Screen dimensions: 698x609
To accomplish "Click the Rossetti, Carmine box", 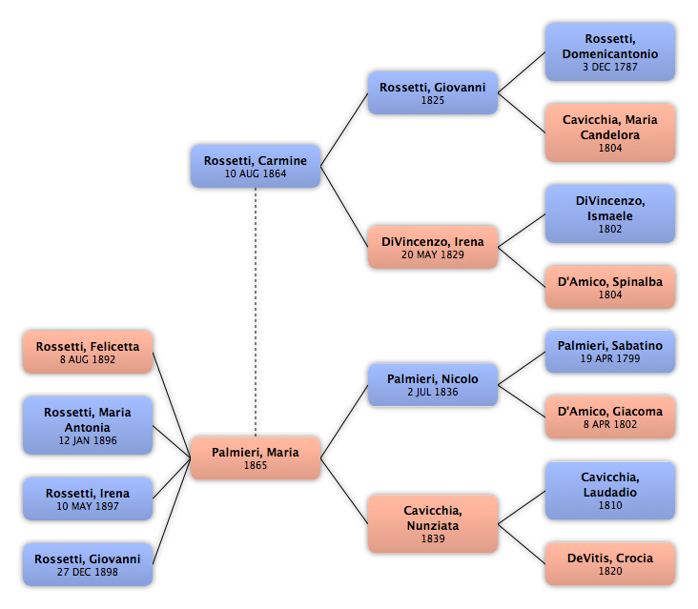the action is coord(256,166).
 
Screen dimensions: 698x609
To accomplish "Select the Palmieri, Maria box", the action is coord(256,457).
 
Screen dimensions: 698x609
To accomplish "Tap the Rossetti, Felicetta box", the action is coord(88,352).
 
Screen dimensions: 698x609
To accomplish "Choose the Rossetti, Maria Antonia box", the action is coord(88,425).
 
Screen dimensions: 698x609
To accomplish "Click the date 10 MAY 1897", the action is coord(88,506).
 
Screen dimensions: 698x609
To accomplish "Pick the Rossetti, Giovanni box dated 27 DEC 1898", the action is coord(88,564).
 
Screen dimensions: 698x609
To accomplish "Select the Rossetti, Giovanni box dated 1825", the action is coord(433,92).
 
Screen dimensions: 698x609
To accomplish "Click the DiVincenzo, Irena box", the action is coord(433,247).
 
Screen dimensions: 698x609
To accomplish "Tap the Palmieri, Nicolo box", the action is coord(433,385).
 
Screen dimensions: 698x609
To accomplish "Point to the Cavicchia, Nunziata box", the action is coord(433,523).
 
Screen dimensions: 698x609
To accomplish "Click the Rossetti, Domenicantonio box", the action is coord(610,52).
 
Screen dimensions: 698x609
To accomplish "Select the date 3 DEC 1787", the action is coord(610,67).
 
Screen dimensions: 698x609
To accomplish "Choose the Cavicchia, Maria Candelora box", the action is coord(610,133).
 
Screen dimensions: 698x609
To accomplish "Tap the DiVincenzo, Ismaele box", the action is coord(610,214).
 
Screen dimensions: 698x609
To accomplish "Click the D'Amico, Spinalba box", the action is coord(610,288).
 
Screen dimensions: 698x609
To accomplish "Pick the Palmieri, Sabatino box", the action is coord(610,351).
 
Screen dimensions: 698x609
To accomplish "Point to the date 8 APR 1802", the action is coord(610,424).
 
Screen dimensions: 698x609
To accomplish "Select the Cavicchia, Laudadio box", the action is coord(610,490).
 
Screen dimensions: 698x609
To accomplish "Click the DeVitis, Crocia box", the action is coord(610,563).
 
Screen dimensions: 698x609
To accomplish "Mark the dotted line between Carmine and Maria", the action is coord(256,312).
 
